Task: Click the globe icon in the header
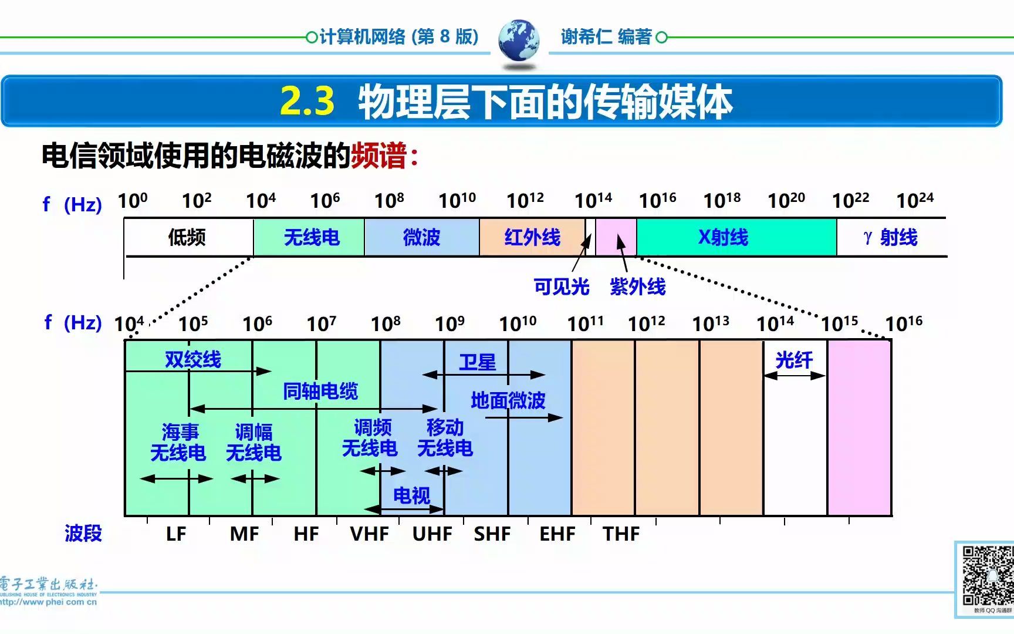click(519, 40)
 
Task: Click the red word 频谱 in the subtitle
click(378, 156)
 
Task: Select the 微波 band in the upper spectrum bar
click(421, 237)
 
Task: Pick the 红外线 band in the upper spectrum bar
click(532, 237)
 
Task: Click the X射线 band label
click(723, 237)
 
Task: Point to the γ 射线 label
click(890, 237)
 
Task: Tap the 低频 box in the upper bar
click(187, 237)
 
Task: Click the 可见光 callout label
click(561, 286)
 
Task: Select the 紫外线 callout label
click(637, 286)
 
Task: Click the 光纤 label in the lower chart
click(794, 360)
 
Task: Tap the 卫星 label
click(477, 362)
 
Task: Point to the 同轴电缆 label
click(320, 391)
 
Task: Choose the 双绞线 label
click(192, 359)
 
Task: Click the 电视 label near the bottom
click(411, 496)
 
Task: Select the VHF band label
click(369, 534)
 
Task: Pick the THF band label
click(621, 534)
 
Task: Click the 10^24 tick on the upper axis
click(914, 201)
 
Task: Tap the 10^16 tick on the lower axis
click(903, 323)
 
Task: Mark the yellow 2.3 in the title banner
click(307, 101)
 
